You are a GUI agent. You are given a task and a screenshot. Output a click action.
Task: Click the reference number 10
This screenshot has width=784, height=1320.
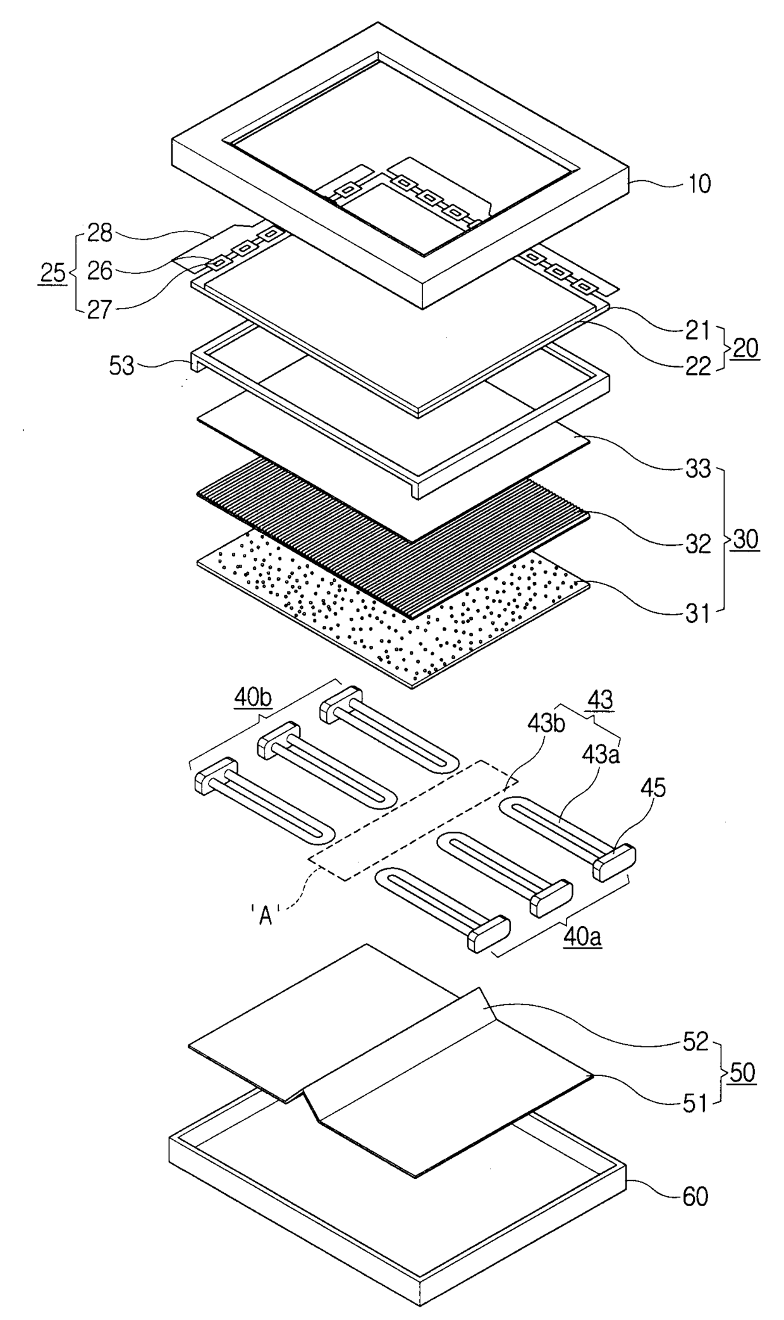697,185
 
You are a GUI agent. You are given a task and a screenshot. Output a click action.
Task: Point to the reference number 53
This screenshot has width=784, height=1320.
121,366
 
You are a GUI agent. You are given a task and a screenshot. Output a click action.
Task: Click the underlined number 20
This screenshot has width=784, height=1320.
746,349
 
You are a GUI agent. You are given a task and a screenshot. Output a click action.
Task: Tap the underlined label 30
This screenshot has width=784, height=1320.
746,541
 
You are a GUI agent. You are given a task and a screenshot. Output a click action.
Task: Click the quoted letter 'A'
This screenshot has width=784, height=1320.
266,916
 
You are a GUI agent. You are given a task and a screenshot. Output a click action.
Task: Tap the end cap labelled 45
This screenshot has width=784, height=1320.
614,861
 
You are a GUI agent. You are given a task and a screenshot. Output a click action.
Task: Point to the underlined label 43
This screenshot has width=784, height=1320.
600,701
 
